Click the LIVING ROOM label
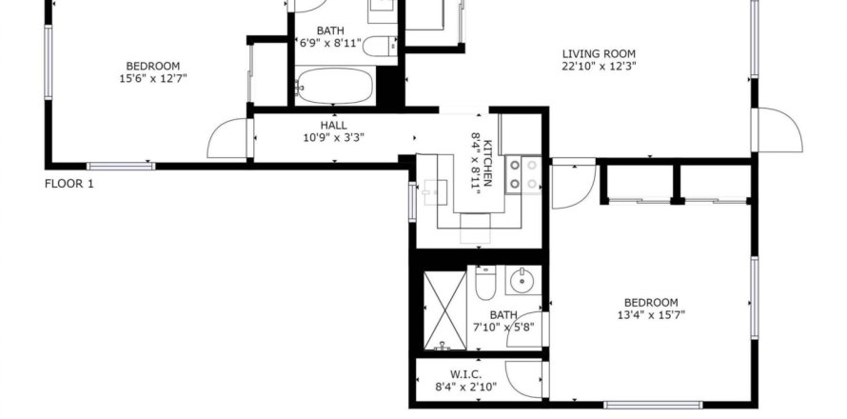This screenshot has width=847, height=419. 599,54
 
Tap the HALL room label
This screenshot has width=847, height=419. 333,126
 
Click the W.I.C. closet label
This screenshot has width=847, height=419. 465,374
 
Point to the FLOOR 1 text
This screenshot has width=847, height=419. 69,184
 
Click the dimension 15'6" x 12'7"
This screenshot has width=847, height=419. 153,78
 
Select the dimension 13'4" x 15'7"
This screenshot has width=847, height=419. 651,315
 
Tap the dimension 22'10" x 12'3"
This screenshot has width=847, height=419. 599,67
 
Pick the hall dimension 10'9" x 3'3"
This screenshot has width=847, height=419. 333,138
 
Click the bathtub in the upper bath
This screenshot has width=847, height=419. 335,87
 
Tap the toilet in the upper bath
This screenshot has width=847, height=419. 379,47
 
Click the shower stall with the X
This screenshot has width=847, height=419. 444,310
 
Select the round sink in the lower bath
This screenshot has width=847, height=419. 522,280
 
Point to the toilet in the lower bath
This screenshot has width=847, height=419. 485,283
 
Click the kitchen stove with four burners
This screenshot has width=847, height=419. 523,174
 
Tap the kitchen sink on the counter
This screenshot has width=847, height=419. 435,192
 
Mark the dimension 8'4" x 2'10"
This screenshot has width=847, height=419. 465,387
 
